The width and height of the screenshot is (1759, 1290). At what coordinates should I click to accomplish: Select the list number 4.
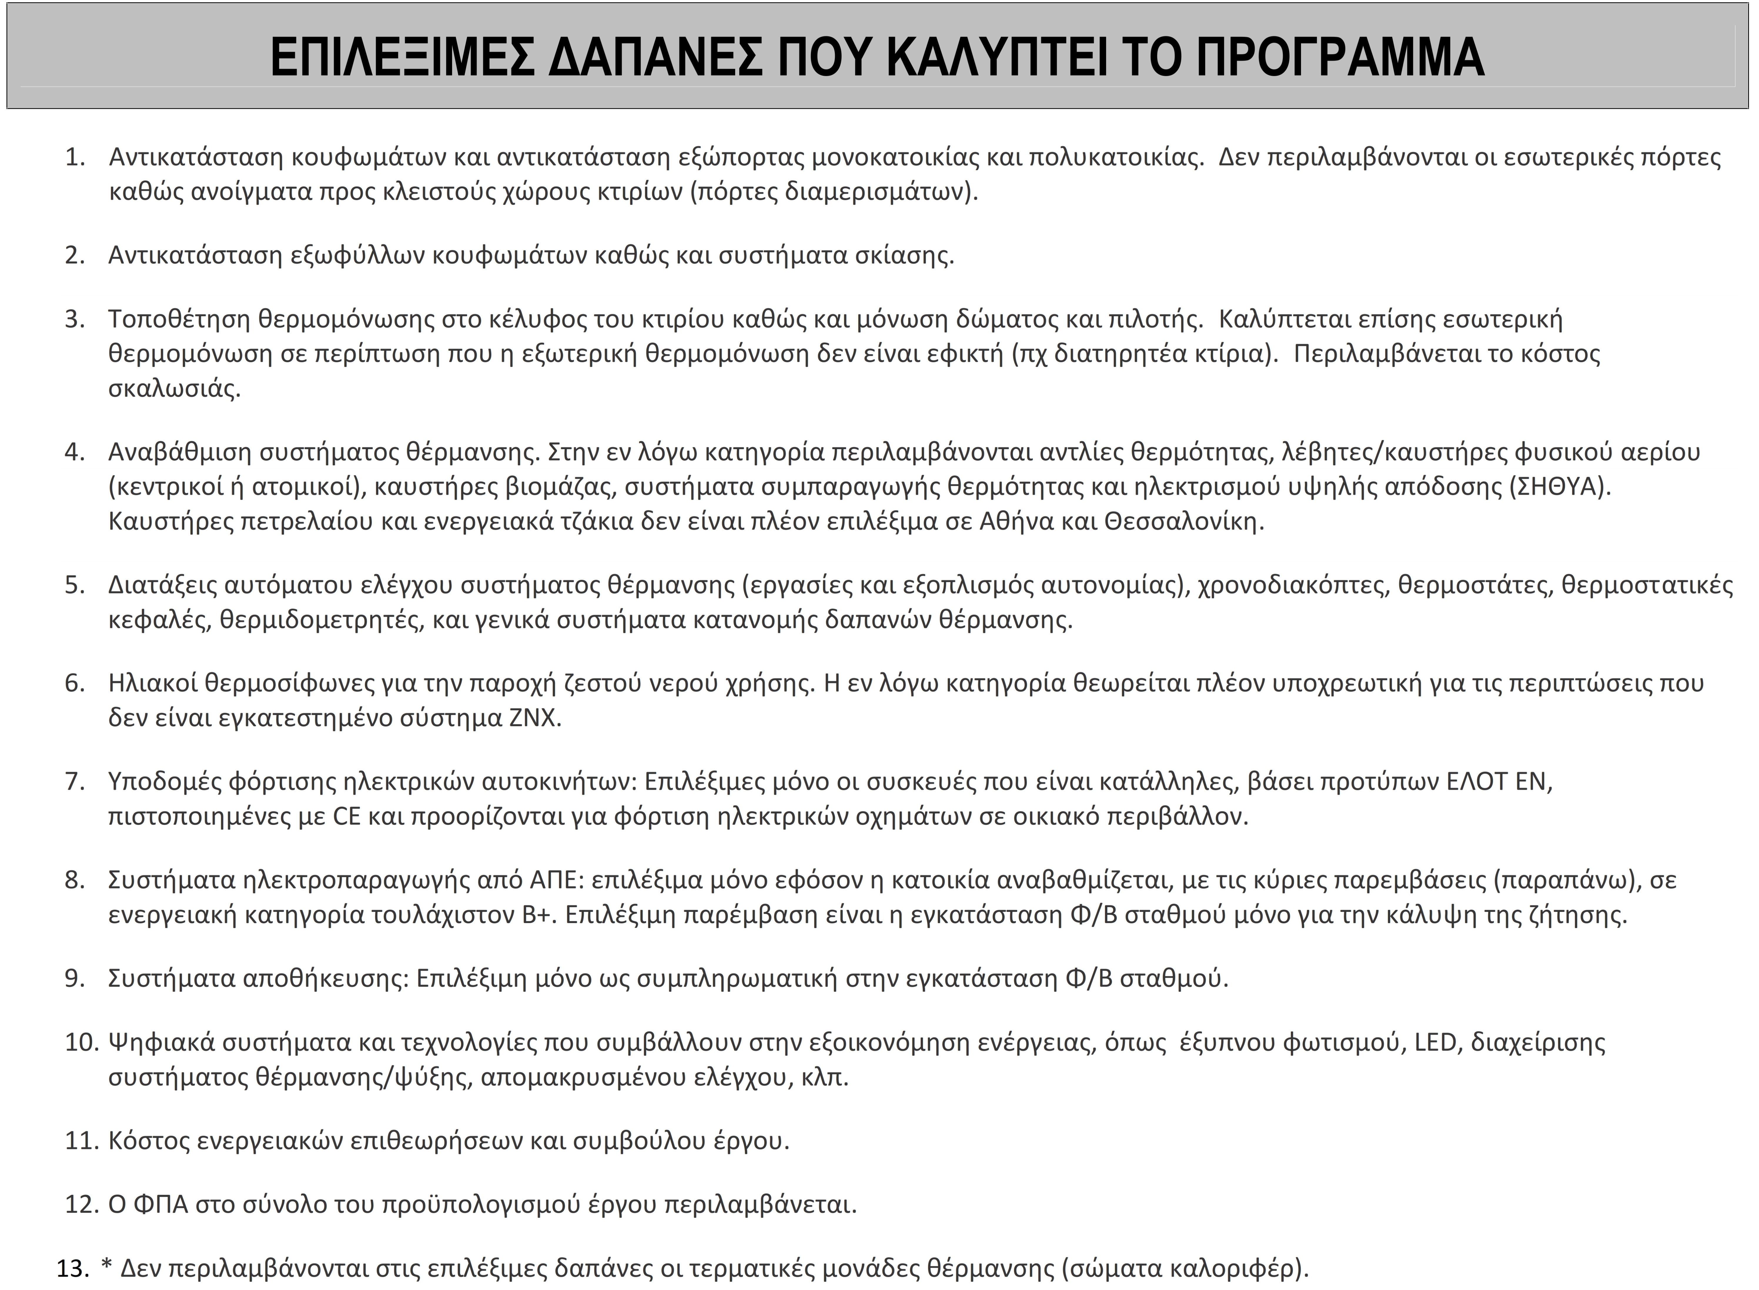pos(74,452)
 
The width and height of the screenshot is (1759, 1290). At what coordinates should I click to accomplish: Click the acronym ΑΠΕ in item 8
pos(553,880)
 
